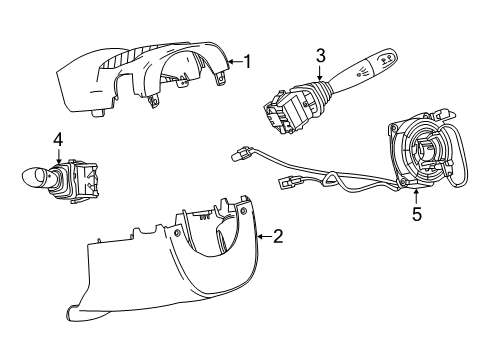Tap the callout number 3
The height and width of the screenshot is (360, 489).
(320, 55)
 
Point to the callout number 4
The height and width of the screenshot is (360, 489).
(58, 139)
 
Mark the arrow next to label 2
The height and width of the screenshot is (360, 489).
(263, 236)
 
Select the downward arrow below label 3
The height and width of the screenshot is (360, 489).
(320, 73)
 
